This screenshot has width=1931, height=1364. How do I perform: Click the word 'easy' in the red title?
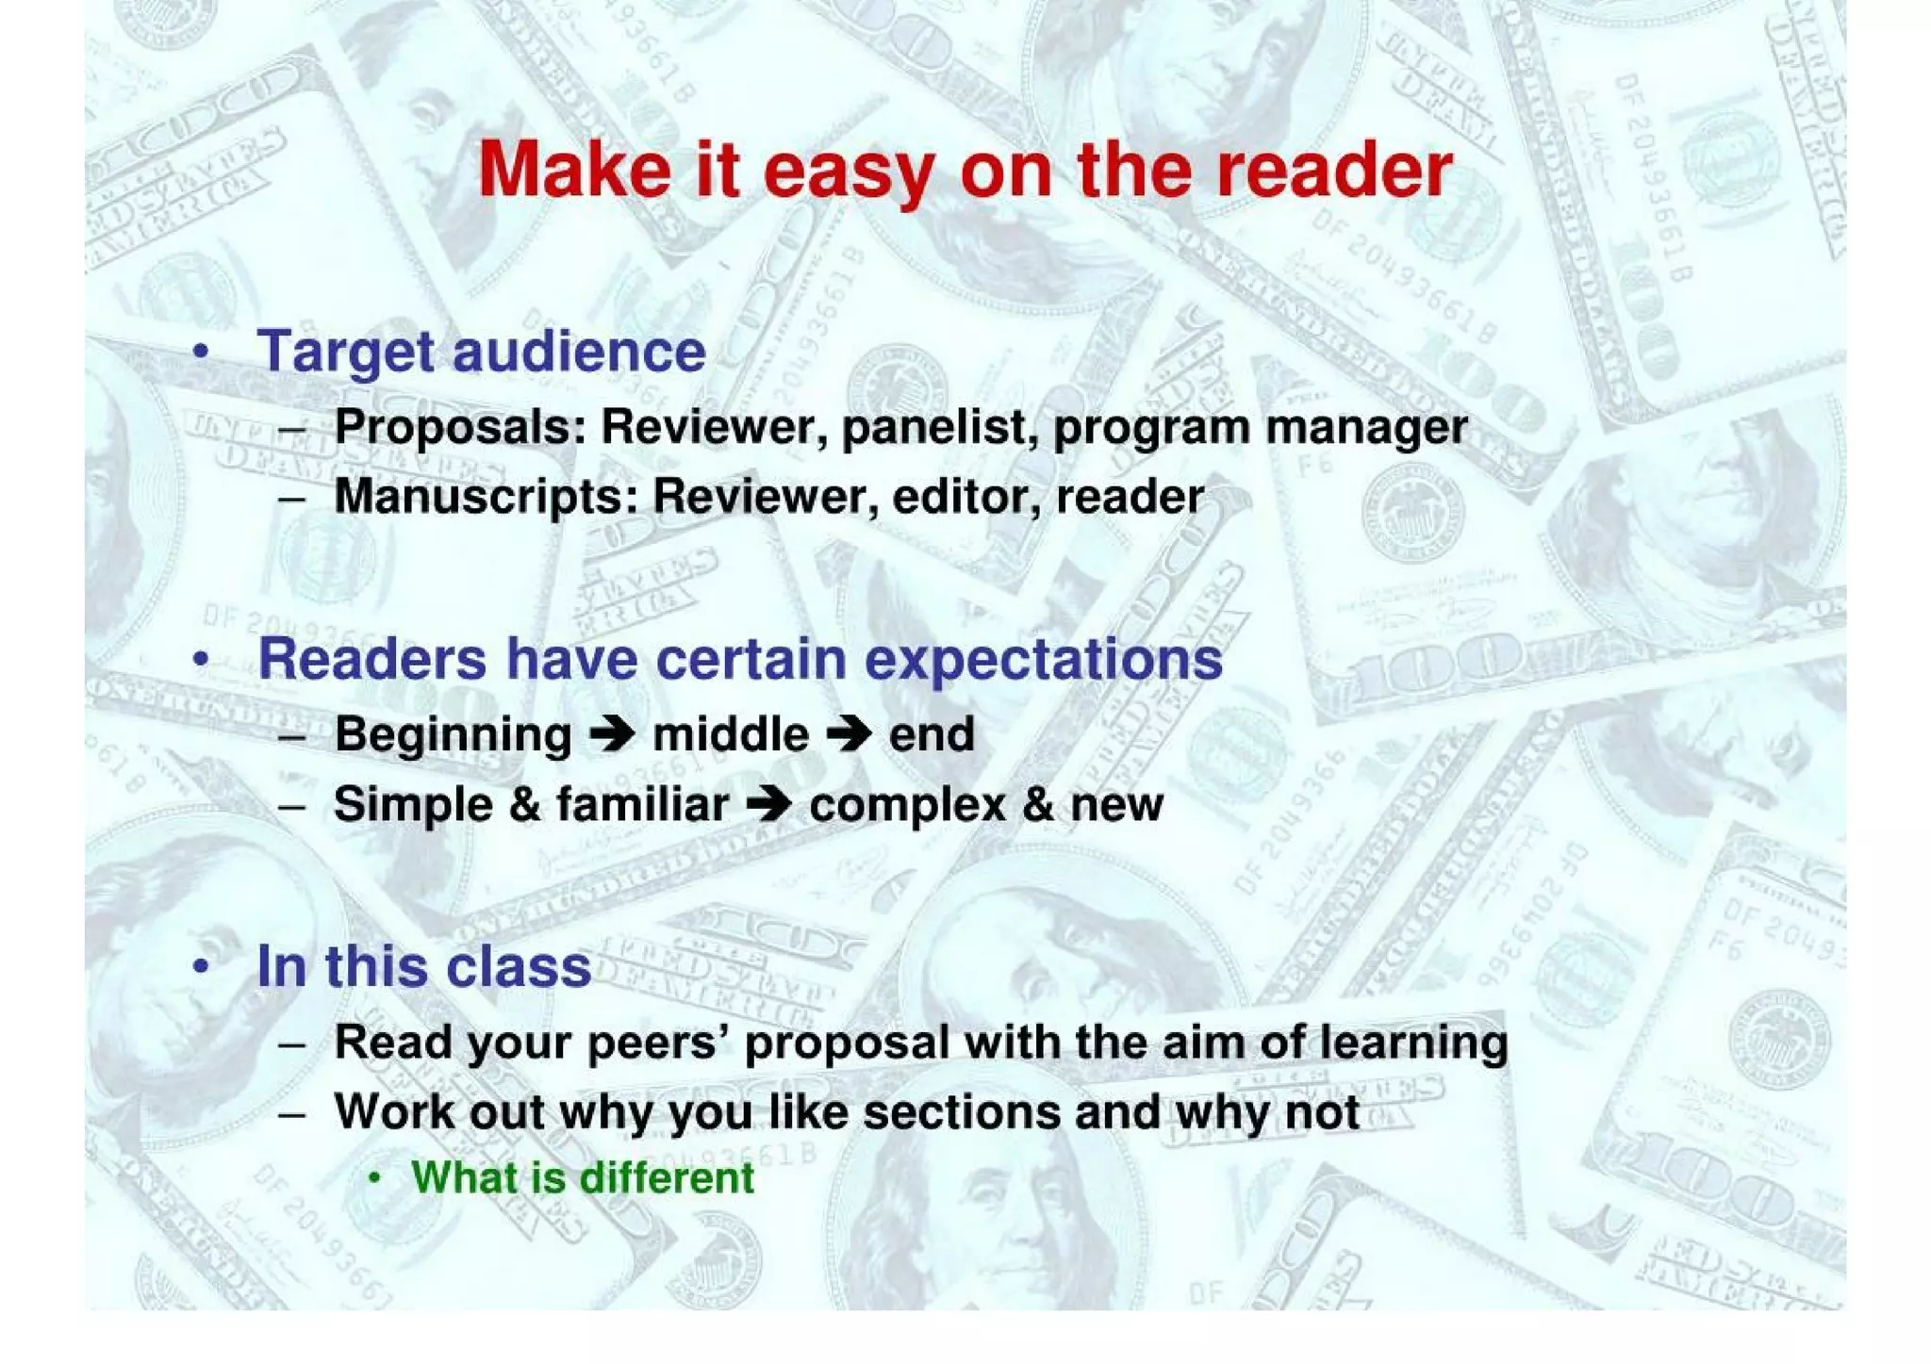(847, 172)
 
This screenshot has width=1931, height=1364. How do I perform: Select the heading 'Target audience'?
(481, 352)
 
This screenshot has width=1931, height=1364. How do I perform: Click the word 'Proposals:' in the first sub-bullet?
(460, 427)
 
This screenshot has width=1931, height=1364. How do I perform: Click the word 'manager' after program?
(1366, 427)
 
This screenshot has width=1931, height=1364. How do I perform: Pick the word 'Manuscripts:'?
(486, 497)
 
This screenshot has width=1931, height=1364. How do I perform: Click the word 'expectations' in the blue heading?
(1044, 659)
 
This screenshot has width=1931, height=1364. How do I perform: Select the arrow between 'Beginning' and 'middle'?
(612, 734)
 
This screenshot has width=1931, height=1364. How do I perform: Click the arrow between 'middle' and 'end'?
(849, 734)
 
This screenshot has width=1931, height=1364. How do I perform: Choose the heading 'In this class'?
(423, 966)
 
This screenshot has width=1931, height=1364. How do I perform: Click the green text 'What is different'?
(582, 1178)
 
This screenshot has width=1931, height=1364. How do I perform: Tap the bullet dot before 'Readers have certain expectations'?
(200, 660)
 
